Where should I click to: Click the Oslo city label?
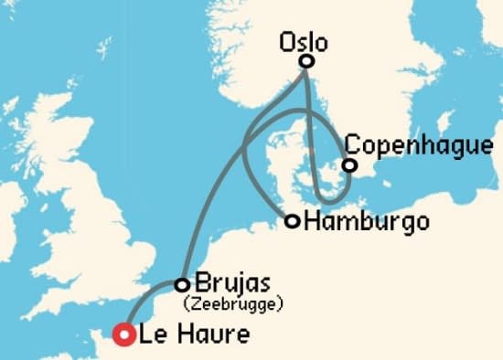[305, 43]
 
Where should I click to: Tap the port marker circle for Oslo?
[307, 61]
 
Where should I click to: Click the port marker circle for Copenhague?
[348, 165]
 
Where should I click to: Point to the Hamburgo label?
[366, 221]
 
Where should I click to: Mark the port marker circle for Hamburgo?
[292, 221]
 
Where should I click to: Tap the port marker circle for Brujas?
[182, 284]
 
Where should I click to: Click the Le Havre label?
[195, 335]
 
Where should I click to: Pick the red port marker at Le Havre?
[123, 335]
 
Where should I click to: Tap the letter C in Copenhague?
[352, 146]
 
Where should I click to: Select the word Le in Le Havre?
[153, 335]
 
